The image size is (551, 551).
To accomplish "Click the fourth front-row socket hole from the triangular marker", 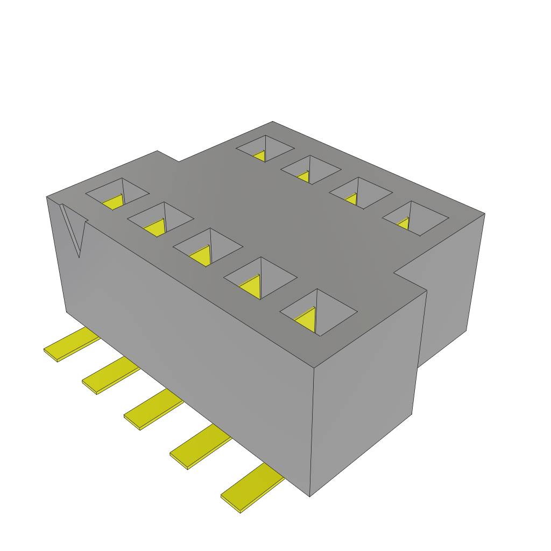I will pyautogui.click(x=260, y=278).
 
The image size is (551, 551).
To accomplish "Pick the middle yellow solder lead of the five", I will pyautogui.click(x=153, y=410).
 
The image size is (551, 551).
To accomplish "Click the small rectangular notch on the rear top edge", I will pyautogui.click(x=168, y=156).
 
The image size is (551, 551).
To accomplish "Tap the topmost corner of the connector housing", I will pyautogui.click(x=273, y=122).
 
